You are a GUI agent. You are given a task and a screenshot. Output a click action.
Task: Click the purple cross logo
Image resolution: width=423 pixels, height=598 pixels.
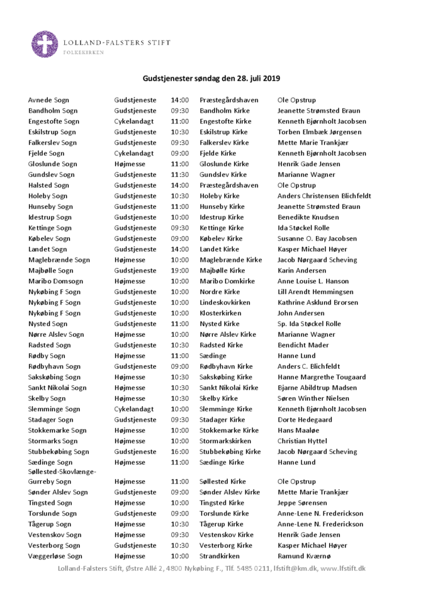pyautogui.click(x=45, y=45)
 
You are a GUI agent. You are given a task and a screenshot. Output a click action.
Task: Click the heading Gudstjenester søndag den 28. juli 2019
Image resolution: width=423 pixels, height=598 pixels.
pyautogui.click(x=211, y=79)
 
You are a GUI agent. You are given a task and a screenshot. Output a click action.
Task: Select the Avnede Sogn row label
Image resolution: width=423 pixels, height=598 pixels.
pyautogui.click(x=48, y=100)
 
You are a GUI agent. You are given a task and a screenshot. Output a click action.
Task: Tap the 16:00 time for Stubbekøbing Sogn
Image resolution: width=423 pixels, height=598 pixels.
pyautogui.click(x=179, y=451)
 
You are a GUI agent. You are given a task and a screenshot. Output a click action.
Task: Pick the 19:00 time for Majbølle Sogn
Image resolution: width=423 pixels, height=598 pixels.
pyautogui.click(x=179, y=270)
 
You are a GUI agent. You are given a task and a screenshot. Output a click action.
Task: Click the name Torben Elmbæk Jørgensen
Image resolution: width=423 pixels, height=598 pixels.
pyautogui.click(x=319, y=132)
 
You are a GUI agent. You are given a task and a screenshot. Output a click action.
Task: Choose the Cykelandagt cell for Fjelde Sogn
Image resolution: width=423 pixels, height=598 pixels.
pyautogui.click(x=133, y=153)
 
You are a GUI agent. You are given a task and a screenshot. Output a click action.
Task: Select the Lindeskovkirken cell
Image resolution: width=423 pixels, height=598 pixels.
pyautogui.click(x=224, y=302)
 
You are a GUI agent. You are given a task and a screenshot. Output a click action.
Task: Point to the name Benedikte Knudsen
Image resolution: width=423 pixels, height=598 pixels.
pyautogui.click(x=308, y=217)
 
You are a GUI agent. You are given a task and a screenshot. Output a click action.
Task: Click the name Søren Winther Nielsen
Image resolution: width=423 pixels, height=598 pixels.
pyautogui.click(x=313, y=398)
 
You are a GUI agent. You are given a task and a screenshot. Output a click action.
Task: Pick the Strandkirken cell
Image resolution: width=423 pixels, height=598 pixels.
pyautogui.click(x=220, y=556)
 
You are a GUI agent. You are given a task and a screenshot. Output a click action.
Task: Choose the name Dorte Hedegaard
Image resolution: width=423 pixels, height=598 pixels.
pyautogui.click(x=305, y=419)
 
